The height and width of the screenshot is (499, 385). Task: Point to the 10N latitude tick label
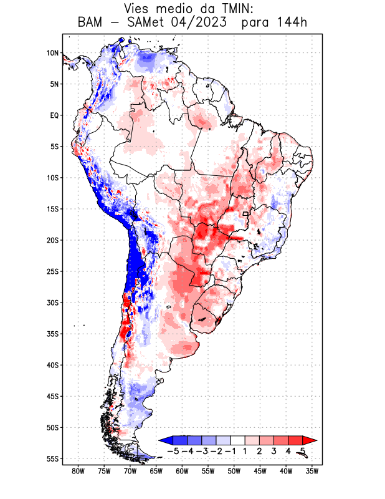click(x=52, y=53)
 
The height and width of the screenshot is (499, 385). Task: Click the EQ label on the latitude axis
click(x=54, y=115)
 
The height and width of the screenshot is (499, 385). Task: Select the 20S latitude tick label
click(x=52, y=240)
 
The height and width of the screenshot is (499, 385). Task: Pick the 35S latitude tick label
click(x=52, y=334)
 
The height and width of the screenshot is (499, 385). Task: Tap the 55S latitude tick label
click(x=52, y=458)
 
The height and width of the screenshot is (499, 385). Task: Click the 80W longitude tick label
click(x=78, y=472)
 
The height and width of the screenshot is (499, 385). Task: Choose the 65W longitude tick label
click(x=156, y=472)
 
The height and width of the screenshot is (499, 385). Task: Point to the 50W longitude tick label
click(x=234, y=472)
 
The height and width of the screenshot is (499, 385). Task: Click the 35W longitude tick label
click(x=312, y=472)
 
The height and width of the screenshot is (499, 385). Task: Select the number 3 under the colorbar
click(x=274, y=451)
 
